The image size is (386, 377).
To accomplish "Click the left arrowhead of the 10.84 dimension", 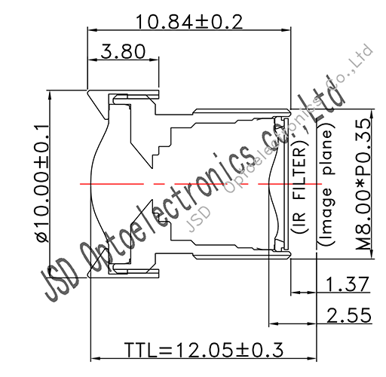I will [93, 31].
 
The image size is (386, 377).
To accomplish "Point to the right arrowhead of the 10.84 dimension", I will [287, 31].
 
